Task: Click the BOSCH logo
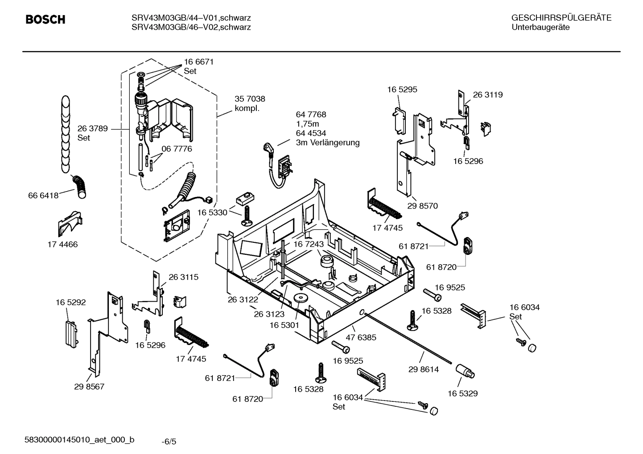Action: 45,20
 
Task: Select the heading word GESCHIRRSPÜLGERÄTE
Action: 561,18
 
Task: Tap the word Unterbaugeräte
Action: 540,28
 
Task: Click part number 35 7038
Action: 250,99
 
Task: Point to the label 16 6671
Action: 199,62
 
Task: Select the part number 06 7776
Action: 177,149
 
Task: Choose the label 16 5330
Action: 212,213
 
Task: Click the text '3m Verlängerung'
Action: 327,143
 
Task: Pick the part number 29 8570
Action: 423,206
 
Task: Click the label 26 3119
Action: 487,95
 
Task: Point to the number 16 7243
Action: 308,244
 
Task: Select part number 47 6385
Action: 361,337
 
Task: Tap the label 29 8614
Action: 424,369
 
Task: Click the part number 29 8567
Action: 89,386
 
